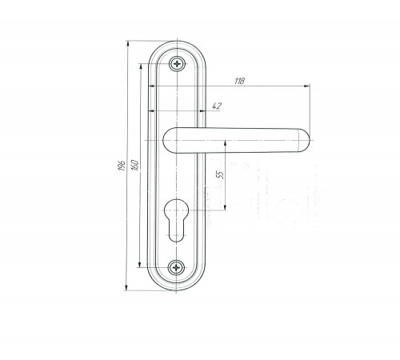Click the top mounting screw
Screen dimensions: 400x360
pyautogui.click(x=177, y=64)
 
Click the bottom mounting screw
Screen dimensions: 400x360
pyautogui.click(x=176, y=267)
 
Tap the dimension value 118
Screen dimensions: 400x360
pyautogui.click(x=239, y=81)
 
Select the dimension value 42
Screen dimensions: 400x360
pyautogui.click(x=217, y=106)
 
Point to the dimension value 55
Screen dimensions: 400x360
pyautogui.click(x=221, y=174)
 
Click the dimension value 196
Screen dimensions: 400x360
pyautogui.click(x=122, y=166)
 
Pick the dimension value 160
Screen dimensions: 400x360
pyautogui.click(x=134, y=165)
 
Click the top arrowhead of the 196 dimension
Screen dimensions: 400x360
pyautogui.click(x=128, y=43)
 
